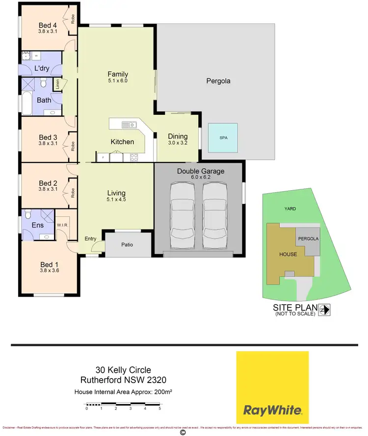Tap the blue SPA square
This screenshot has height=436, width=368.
tap(223, 138)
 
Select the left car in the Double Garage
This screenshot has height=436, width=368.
tap(183, 216)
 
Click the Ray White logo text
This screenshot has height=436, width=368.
tap(272, 410)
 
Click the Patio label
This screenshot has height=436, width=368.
tap(127, 245)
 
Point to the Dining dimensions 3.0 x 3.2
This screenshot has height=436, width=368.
tap(178, 143)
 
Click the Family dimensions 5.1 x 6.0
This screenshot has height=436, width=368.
tap(117, 81)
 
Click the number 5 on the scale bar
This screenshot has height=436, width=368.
tap(160, 408)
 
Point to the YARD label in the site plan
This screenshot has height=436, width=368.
tap(290, 208)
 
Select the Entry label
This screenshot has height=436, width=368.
tap(91, 238)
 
